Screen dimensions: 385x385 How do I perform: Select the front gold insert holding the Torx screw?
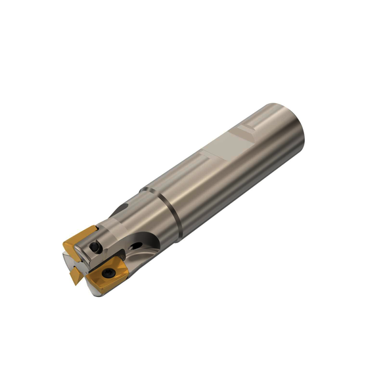point(108,276)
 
